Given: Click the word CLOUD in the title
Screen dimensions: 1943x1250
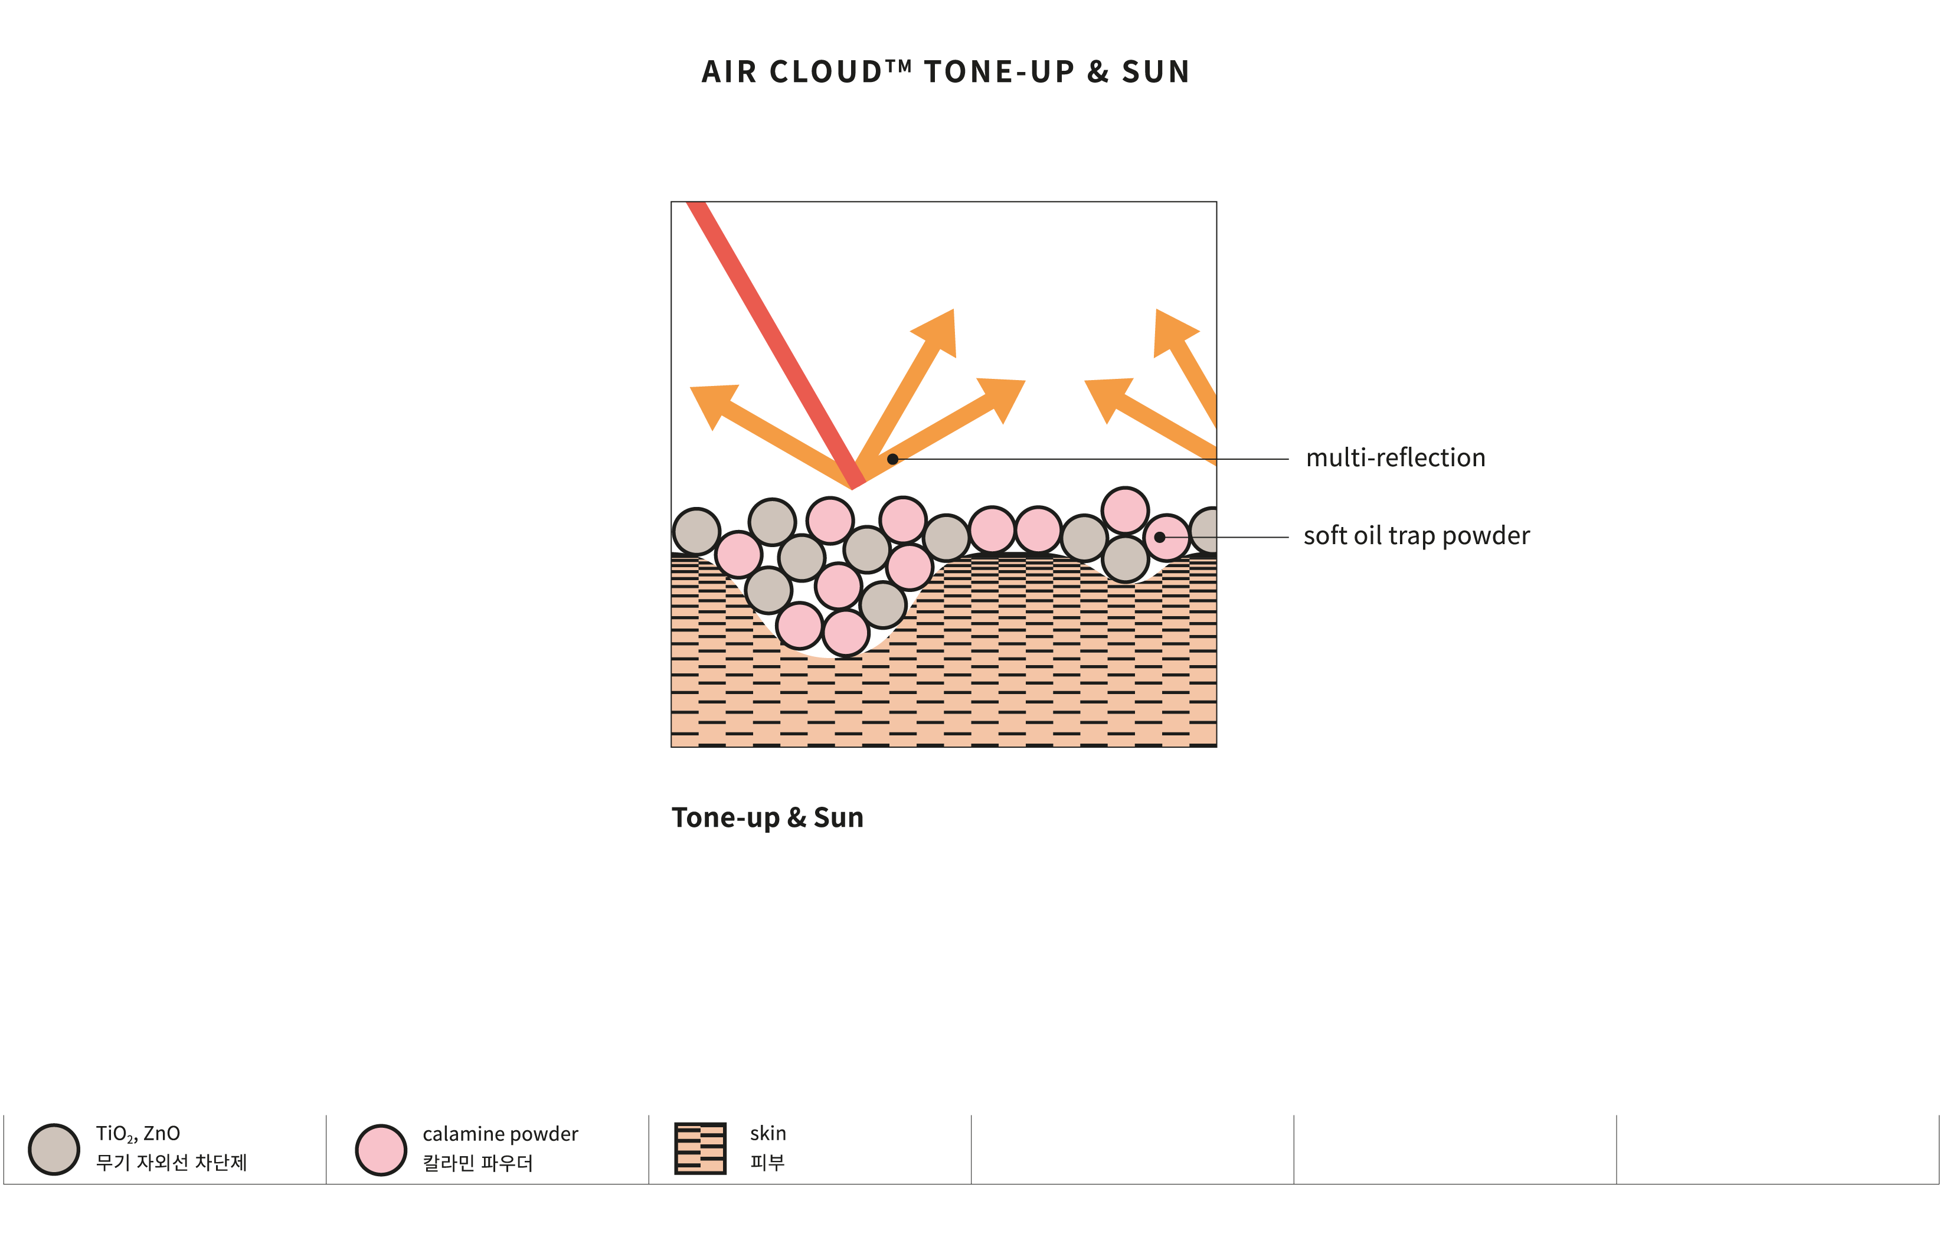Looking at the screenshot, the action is pyautogui.click(x=825, y=72).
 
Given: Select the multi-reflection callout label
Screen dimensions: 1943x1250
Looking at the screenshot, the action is pyautogui.click(x=1395, y=458).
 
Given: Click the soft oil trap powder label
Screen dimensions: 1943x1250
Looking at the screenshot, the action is pyautogui.click(x=1417, y=536).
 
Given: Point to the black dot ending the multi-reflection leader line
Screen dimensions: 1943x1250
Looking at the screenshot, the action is pyautogui.click(x=893, y=459).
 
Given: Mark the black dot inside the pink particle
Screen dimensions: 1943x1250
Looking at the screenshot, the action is pyautogui.click(x=1160, y=537).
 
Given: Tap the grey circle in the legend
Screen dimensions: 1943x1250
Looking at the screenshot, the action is pyautogui.click(x=54, y=1149).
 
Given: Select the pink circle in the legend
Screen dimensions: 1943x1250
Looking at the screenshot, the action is pyautogui.click(x=381, y=1149).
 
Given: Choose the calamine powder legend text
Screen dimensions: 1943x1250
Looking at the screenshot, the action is pyautogui.click(x=500, y=1134).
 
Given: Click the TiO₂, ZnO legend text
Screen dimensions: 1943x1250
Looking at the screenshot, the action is pyautogui.click(x=138, y=1134).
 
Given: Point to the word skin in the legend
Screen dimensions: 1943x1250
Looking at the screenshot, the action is pyautogui.click(x=768, y=1133).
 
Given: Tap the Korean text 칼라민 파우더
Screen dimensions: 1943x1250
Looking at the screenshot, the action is pyautogui.click(x=477, y=1163).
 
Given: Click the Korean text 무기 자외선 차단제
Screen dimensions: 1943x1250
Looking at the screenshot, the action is pyautogui.click(x=171, y=1162).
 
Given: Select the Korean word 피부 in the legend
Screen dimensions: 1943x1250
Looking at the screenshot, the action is pyautogui.click(x=767, y=1162).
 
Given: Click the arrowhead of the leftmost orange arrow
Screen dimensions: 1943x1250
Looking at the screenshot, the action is pyautogui.click(x=712, y=404).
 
